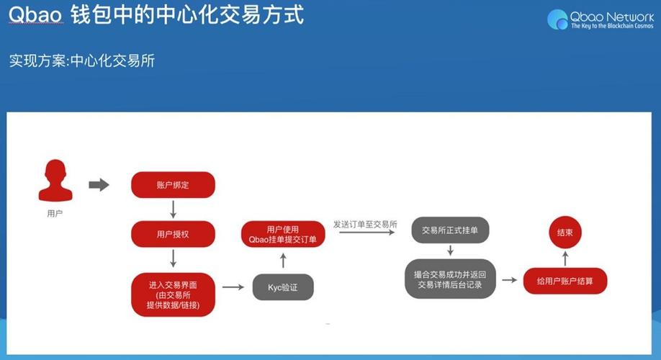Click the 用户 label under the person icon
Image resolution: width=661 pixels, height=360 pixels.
55,214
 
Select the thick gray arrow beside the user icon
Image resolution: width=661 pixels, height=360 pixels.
99,185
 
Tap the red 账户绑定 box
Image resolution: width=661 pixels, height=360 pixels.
173,185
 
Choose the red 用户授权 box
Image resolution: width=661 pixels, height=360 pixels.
173,234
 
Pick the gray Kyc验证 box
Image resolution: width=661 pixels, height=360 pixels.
282,288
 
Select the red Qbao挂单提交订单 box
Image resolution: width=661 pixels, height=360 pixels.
283,235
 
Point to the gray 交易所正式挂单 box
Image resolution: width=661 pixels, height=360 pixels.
450,230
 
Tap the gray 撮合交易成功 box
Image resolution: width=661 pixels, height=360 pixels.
450,279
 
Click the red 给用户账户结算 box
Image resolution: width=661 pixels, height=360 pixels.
565,280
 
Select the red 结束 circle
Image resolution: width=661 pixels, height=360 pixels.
565,233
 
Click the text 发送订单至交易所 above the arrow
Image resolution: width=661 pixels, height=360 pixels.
365,225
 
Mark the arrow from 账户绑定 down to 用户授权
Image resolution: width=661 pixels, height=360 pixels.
173,210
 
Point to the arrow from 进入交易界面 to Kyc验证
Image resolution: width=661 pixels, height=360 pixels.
232,287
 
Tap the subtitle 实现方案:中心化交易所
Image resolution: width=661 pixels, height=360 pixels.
81,60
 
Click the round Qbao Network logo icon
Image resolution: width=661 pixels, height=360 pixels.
557,19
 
